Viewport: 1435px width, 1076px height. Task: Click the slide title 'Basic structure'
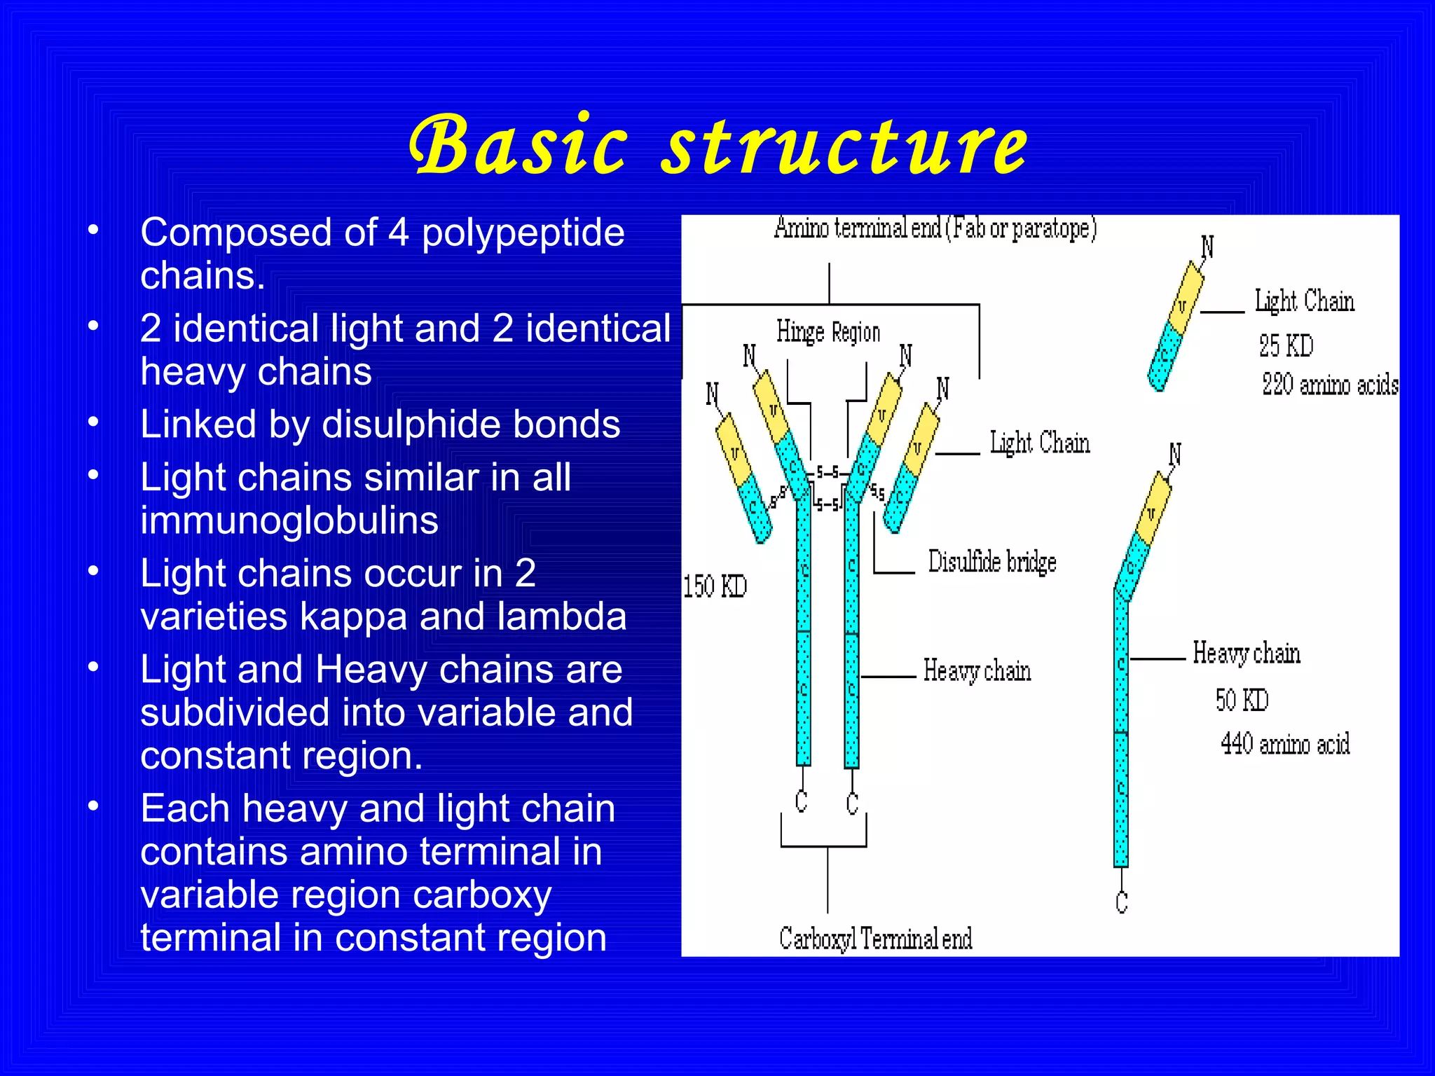(717, 146)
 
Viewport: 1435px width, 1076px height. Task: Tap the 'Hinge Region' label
(828, 332)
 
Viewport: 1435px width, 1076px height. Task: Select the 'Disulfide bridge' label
(992, 562)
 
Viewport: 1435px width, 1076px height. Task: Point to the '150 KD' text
(715, 586)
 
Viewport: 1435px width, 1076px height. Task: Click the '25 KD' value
(1286, 346)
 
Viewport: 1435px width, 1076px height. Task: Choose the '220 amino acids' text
(1330, 385)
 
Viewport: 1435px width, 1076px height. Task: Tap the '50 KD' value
(1242, 700)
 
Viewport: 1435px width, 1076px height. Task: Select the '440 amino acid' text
(1285, 743)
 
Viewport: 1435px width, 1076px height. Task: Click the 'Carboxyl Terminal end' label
(876, 939)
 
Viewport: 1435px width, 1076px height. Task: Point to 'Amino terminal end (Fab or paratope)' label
(935, 228)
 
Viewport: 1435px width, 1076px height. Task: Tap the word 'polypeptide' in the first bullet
(523, 233)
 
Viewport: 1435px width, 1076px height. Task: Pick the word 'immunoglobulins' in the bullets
(289, 520)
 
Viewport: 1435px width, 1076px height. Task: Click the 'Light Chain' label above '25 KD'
(1304, 301)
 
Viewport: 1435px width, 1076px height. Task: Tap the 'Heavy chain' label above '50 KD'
(1247, 653)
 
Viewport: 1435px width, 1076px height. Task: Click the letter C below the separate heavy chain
(1122, 902)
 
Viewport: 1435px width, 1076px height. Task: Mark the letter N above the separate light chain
(1207, 247)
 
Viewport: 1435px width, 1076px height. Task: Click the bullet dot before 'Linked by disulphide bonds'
(93, 422)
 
